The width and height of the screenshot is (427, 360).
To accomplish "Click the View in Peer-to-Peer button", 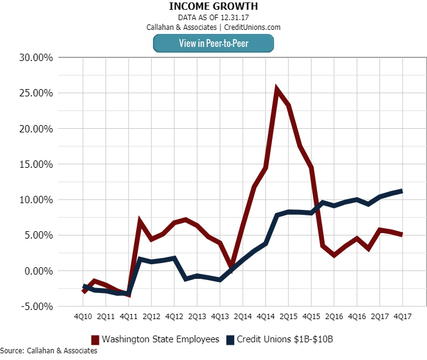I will click(x=213, y=43).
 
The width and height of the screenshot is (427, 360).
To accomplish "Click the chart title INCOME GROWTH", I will click(x=213, y=6).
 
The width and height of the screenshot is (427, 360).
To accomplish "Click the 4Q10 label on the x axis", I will click(x=83, y=317).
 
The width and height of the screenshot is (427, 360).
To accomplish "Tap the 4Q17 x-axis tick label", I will click(x=402, y=317).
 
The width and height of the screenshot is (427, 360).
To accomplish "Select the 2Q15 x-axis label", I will click(x=288, y=317).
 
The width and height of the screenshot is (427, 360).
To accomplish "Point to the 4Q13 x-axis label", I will click(x=220, y=317).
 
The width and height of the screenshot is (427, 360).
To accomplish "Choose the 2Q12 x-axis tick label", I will click(x=151, y=317).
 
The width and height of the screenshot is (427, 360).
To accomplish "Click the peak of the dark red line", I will click(x=277, y=90).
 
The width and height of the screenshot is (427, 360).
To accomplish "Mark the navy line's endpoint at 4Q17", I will click(x=402, y=191).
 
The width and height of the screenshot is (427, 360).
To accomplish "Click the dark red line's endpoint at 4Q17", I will click(x=402, y=234).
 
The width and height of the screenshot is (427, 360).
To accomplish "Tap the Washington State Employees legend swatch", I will click(x=95, y=339).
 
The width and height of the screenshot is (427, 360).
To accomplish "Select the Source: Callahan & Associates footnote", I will click(x=49, y=351).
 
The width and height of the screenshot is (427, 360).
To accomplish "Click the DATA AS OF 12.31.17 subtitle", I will click(x=213, y=17).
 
